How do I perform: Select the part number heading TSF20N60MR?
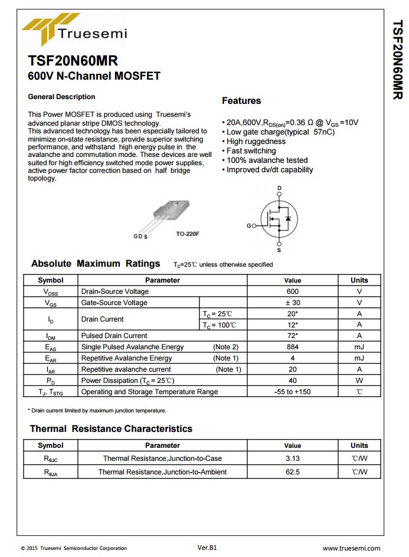coord(73,61)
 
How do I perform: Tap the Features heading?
coord(241,101)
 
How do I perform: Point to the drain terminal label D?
coord(279,188)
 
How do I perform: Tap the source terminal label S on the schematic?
coord(279,250)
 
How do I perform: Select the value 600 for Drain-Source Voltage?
coord(292,291)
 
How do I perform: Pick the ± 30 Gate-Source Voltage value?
coord(292,303)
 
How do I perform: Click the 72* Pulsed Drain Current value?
coord(292,336)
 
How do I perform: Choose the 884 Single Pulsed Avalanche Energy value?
coord(292,347)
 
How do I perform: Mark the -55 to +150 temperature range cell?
coord(292,392)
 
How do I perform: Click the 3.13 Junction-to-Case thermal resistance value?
coord(292,458)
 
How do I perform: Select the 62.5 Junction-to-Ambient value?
coord(292,472)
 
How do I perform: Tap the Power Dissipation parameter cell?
coord(127,381)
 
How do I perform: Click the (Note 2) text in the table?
coord(225,347)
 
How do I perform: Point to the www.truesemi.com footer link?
coord(351,548)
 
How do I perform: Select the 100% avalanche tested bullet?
coord(267,160)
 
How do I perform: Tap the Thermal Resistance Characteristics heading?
coord(111,429)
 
